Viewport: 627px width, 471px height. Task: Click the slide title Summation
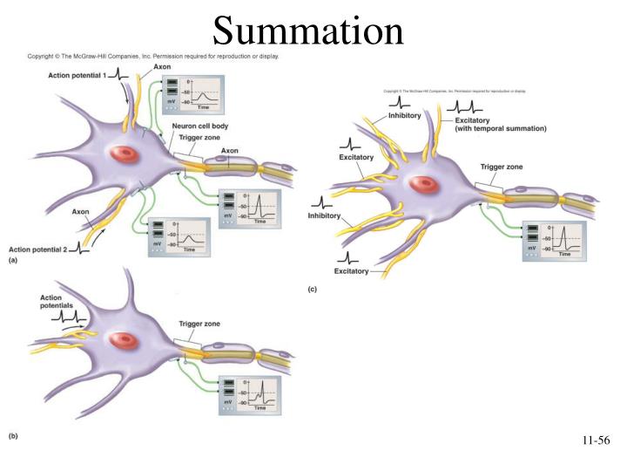click(308, 32)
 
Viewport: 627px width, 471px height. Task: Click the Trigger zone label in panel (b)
click(199, 324)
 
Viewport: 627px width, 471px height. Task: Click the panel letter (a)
click(13, 261)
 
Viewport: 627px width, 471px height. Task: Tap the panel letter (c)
click(313, 288)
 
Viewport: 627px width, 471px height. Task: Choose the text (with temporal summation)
click(501, 128)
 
